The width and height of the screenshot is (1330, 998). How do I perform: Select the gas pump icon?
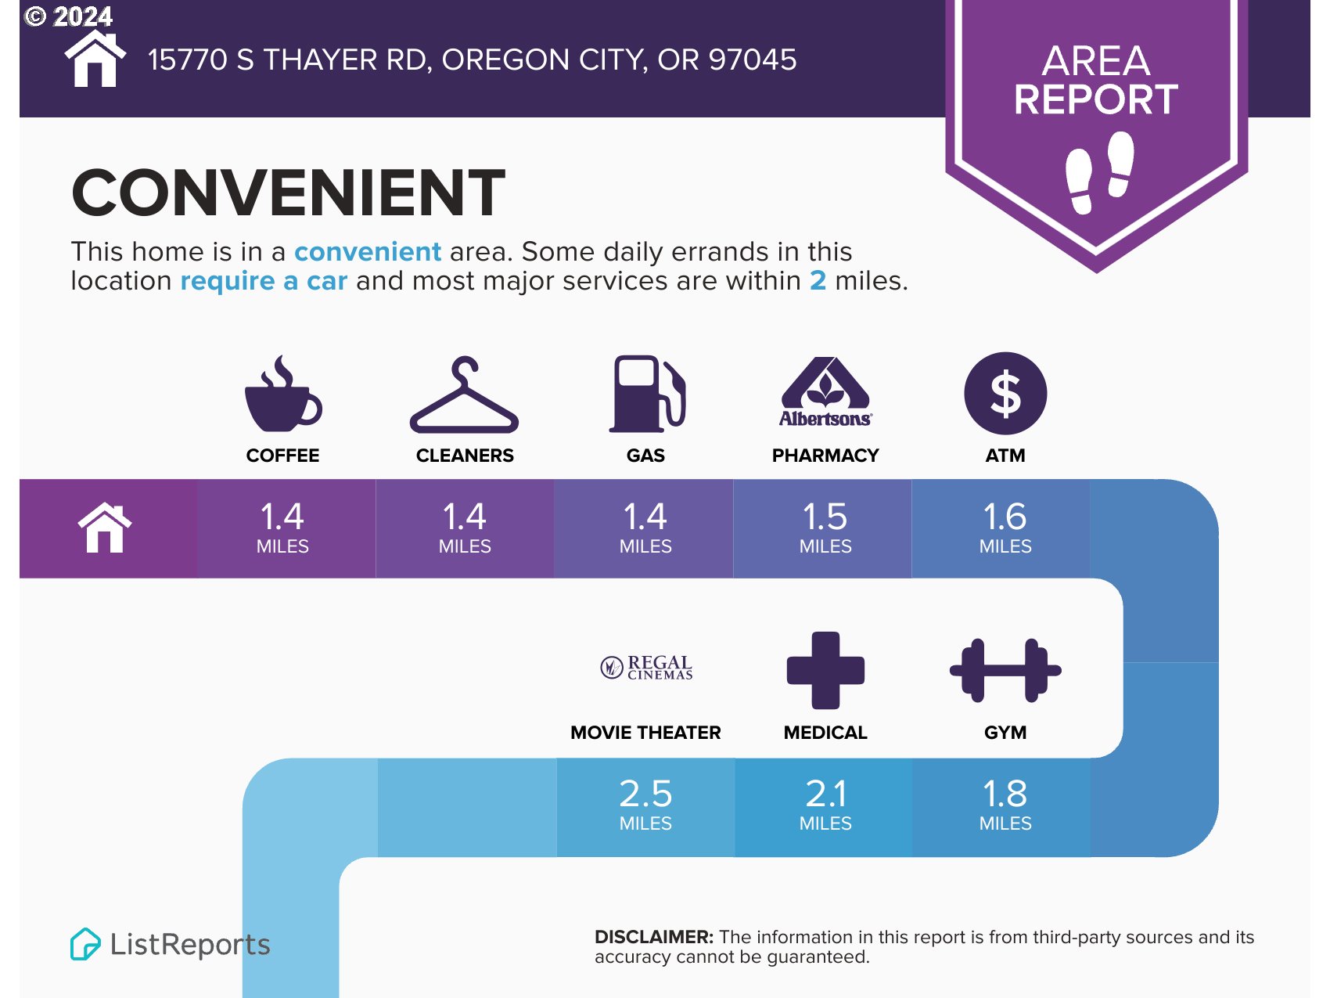tap(647, 394)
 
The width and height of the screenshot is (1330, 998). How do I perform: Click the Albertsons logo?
tap(825, 392)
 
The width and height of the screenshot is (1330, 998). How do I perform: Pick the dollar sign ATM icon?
tap(1005, 393)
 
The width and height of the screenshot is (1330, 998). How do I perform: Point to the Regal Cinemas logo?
tap(646, 668)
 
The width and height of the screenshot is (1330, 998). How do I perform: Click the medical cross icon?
tap(825, 670)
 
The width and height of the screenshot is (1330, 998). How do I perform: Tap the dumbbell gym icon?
tap(1005, 670)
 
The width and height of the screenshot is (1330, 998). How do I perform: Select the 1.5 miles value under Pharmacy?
tap(825, 528)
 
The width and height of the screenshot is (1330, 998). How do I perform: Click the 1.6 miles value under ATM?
tap(1005, 528)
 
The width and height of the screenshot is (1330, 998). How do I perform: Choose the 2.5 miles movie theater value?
tap(645, 805)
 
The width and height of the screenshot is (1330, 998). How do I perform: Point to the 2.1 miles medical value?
tap(825, 805)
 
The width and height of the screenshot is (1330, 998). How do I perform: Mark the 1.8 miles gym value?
tap(1005, 805)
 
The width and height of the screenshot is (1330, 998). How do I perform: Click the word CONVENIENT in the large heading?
tap(289, 193)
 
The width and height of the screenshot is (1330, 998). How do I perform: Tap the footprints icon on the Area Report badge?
tap(1100, 172)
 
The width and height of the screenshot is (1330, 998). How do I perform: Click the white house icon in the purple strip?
tap(105, 528)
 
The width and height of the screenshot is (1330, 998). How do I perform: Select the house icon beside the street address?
tap(95, 59)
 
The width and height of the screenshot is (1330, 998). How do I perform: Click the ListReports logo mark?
tap(85, 944)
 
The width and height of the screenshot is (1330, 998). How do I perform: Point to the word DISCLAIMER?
tap(654, 937)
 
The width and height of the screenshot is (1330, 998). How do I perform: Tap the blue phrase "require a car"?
tap(264, 280)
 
